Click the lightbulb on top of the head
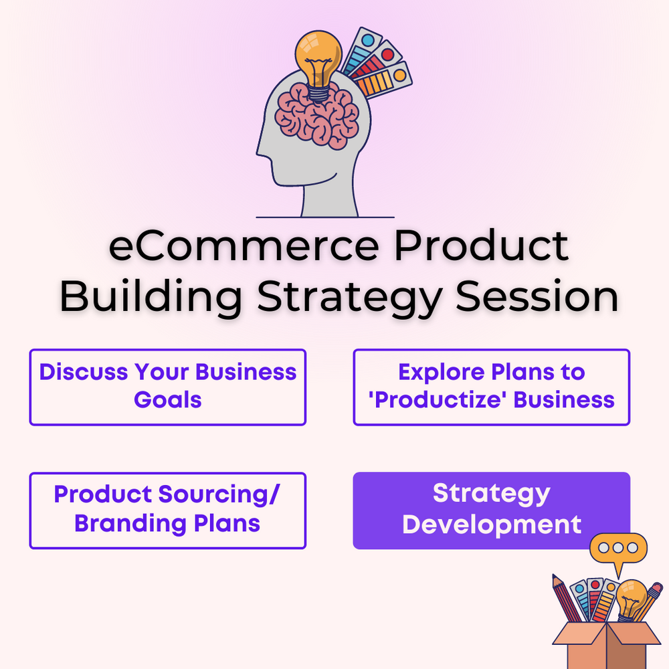click(318, 64)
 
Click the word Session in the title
click(537, 296)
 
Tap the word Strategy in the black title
click(349, 299)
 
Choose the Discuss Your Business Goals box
click(168, 387)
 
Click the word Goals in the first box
click(168, 400)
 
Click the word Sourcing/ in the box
click(219, 495)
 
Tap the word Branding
click(131, 524)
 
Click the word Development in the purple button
click(492, 524)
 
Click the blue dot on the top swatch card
click(368, 41)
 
